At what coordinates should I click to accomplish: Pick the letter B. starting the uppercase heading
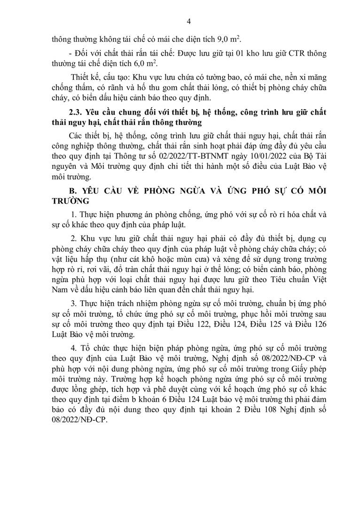(x=71, y=192)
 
